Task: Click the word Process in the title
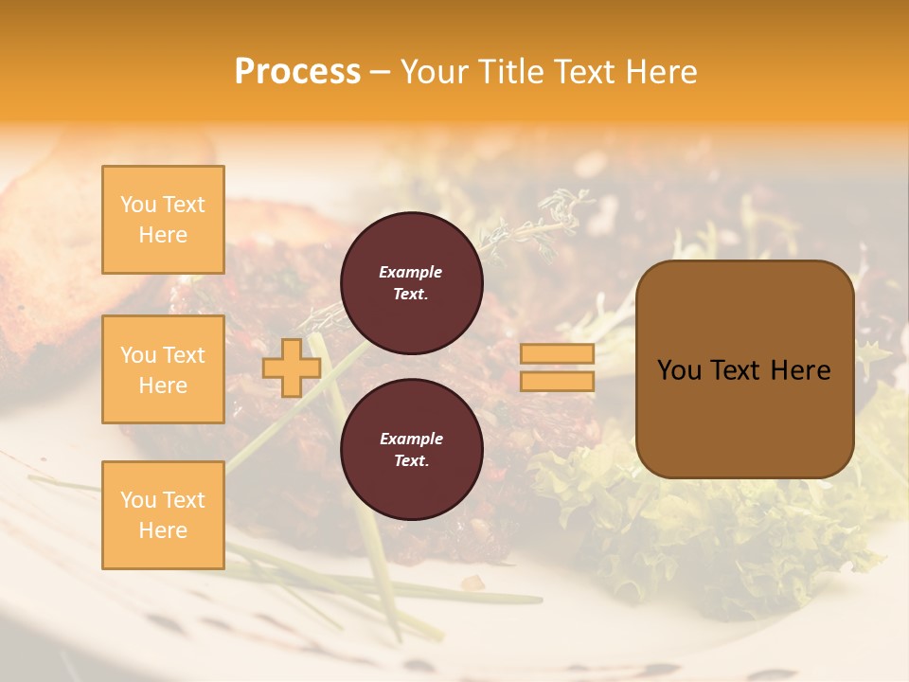tap(297, 72)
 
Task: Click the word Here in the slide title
tap(660, 72)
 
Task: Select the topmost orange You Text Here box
tap(163, 220)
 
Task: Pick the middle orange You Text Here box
tap(163, 369)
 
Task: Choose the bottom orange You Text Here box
tap(163, 515)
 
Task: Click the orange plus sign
tap(292, 368)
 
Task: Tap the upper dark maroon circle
tap(411, 283)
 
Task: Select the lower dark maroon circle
tap(411, 450)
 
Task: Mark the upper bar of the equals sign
tap(557, 354)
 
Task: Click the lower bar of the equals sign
tap(557, 382)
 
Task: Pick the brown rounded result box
tap(744, 369)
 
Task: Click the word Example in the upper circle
tap(411, 272)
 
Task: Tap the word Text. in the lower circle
tap(411, 461)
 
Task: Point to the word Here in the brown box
tap(797, 370)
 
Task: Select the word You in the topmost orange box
tap(138, 205)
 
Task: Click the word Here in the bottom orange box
tap(163, 530)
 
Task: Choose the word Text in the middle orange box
tap(183, 355)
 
